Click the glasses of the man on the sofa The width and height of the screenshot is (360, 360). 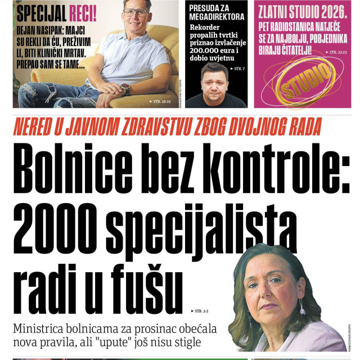pos(137,12)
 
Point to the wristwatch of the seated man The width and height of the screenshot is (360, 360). pos(125,89)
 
